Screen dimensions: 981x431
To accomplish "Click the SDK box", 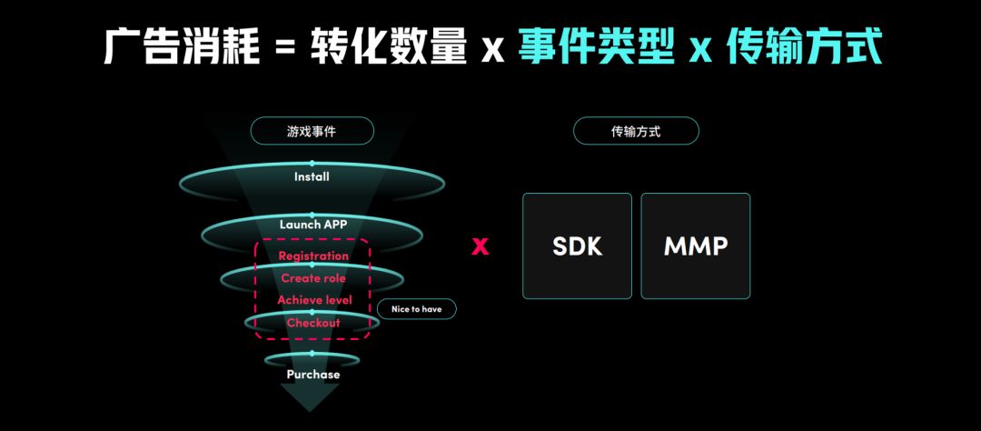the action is click(x=577, y=246).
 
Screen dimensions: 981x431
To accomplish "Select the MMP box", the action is click(x=695, y=246).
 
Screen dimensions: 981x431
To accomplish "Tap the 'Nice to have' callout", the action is click(x=417, y=309).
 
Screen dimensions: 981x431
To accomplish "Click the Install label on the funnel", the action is click(x=312, y=176).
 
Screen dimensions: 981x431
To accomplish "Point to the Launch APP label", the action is click(x=312, y=225).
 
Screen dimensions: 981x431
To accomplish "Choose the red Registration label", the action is click(x=313, y=256).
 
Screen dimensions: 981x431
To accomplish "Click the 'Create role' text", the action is click(x=313, y=277).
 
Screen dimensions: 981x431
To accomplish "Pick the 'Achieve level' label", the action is click(x=314, y=300).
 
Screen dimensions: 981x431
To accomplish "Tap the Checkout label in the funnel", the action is click(x=313, y=323).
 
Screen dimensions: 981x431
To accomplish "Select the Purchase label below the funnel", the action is click(x=313, y=374).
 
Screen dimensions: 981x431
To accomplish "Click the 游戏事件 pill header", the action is click(x=312, y=132).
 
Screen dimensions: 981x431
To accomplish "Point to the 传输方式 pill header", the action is click(x=636, y=132).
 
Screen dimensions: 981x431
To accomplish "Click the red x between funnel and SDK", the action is click(x=480, y=246).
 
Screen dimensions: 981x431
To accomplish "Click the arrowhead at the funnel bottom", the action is click(x=310, y=396).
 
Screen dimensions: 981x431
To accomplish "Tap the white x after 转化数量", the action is click(x=492, y=49).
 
